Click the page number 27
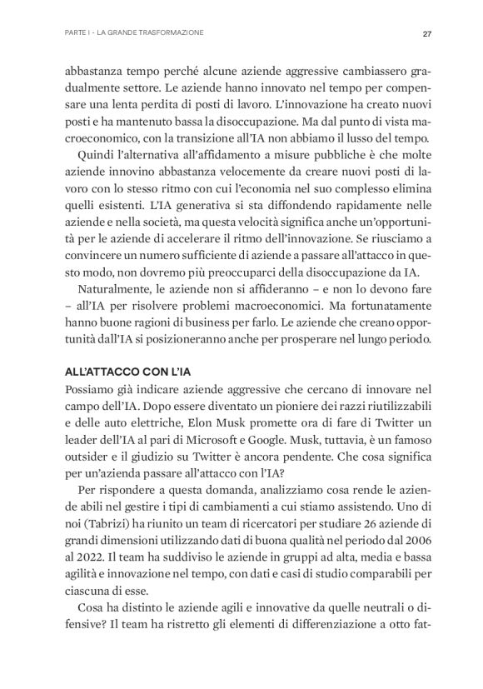426,33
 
